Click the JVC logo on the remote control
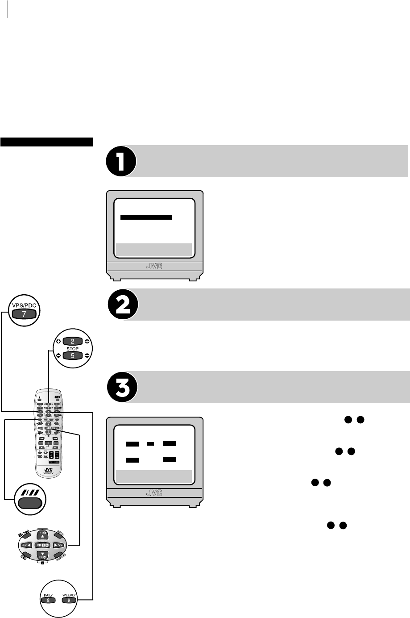pos(48,470)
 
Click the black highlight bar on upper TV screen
pos(146,217)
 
